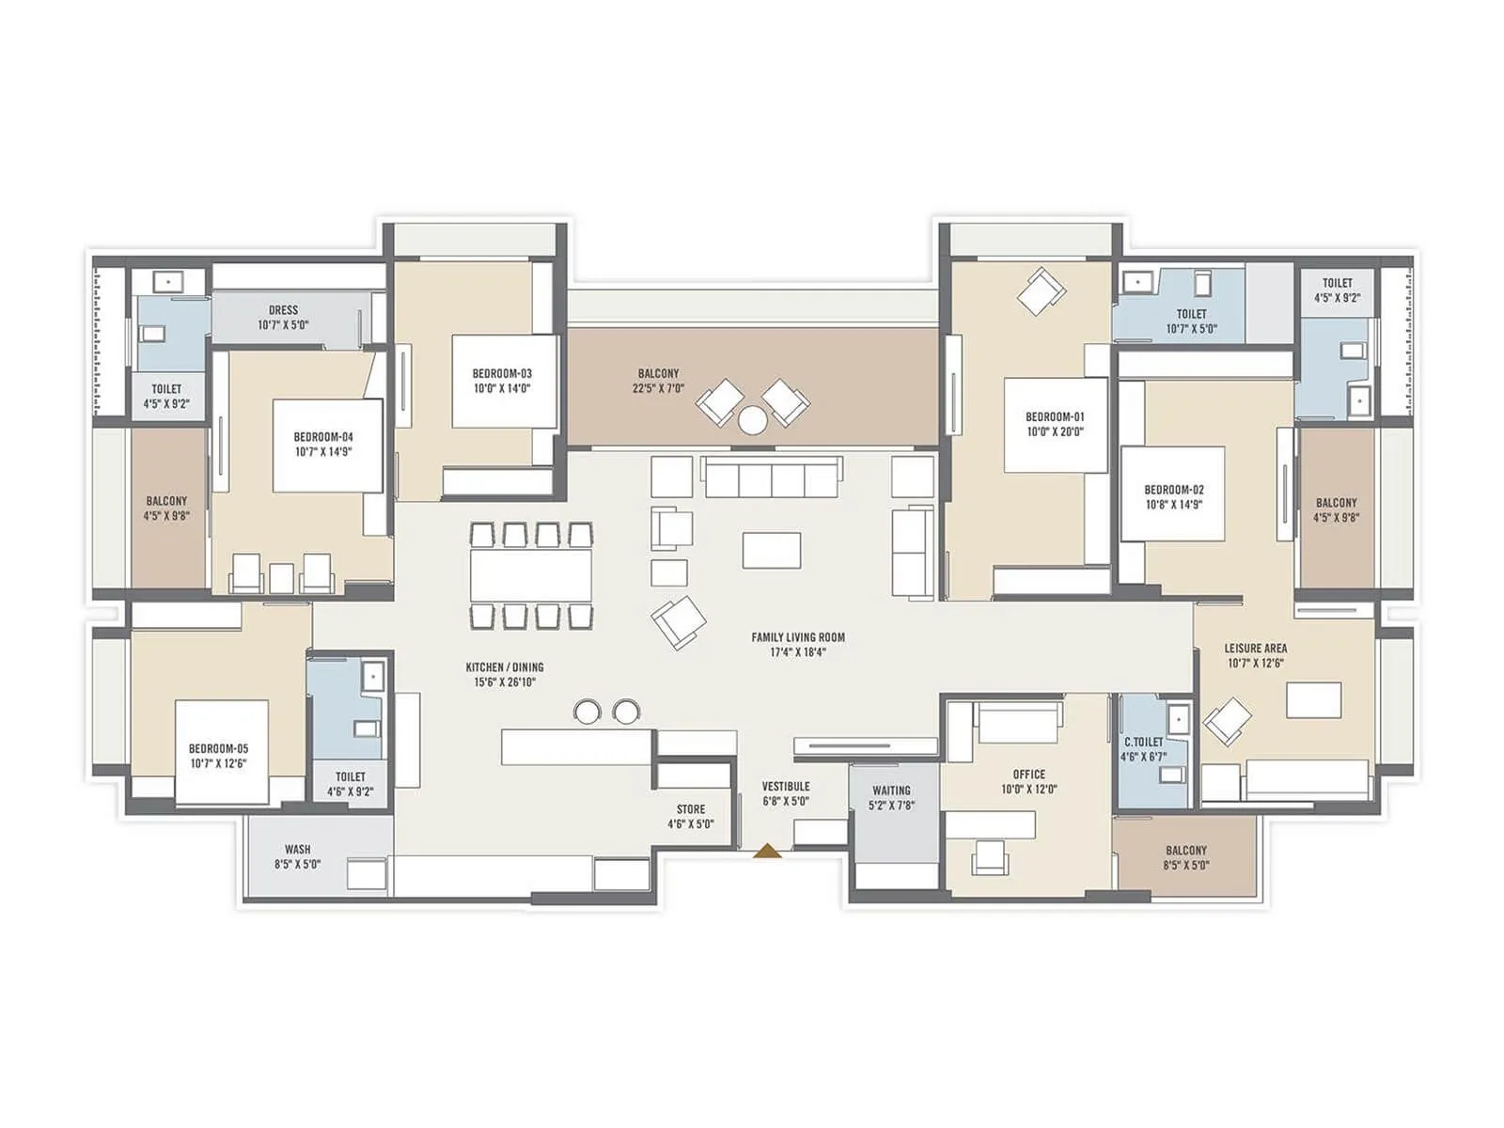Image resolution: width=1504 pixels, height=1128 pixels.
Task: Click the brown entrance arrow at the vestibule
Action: click(x=768, y=852)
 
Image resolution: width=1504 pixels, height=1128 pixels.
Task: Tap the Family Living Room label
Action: click(x=798, y=637)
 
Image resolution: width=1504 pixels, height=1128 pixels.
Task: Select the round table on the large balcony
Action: click(x=752, y=420)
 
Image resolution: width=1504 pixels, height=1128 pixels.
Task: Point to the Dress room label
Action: click(x=283, y=310)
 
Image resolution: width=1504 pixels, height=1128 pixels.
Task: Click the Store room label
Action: click(x=691, y=809)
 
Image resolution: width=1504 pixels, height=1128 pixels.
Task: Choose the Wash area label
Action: click(x=297, y=850)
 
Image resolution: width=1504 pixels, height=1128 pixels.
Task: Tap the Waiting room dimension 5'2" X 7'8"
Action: click(x=891, y=806)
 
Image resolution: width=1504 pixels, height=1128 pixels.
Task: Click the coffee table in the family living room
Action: click(x=772, y=550)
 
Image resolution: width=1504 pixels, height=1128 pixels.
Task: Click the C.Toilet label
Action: click(x=1144, y=742)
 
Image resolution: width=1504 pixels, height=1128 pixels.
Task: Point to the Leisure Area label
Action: click(x=1255, y=649)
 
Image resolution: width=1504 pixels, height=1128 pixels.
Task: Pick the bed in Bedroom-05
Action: click(x=222, y=752)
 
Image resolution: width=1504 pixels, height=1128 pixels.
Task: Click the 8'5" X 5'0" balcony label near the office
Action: click(x=1185, y=865)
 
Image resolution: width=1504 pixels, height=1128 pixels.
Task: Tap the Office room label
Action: click(x=1029, y=775)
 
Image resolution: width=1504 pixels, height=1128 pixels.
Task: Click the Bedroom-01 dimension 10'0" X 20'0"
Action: click(x=1054, y=431)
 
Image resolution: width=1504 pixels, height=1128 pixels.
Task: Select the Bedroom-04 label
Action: click(x=323, y=437)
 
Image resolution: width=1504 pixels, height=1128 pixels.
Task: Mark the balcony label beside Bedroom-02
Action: click(x=1336, y=503)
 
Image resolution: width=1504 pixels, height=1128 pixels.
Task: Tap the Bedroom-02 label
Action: click(x=1173, y=490)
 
